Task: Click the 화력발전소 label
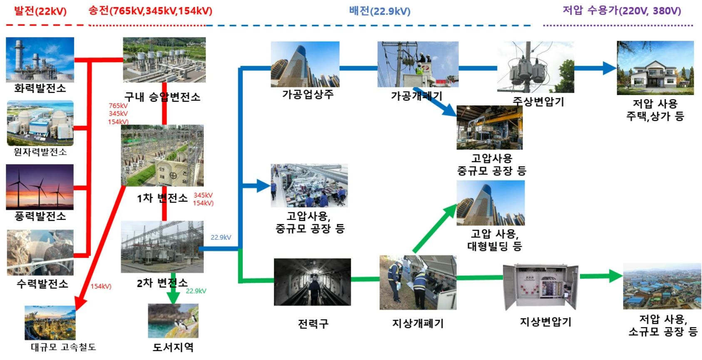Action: point(40,88)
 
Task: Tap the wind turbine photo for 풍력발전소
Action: point(40,187)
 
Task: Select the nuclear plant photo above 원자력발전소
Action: point(40,123)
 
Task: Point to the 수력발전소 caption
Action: point(42,284)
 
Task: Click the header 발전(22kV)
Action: point(40,11)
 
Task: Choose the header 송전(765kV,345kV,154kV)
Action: point(150,11)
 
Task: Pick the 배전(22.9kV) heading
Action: point(379,11)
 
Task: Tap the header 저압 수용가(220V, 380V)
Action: point(622,10)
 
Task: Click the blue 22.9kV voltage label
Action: point(221,237)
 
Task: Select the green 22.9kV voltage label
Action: point(196,291)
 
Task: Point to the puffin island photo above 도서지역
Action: point(173,320)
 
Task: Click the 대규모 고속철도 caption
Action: point(63,347)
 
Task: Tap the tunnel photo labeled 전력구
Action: point(312,282)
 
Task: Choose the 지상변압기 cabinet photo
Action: point(540,286)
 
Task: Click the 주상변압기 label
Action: point(538,102)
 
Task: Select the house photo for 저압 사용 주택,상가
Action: point(655,68)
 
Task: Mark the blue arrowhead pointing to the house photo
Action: point(610,68)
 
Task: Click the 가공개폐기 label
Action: point(416,96)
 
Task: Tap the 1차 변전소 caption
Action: point(162,198)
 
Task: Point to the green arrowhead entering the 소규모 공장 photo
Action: point(615,276)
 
